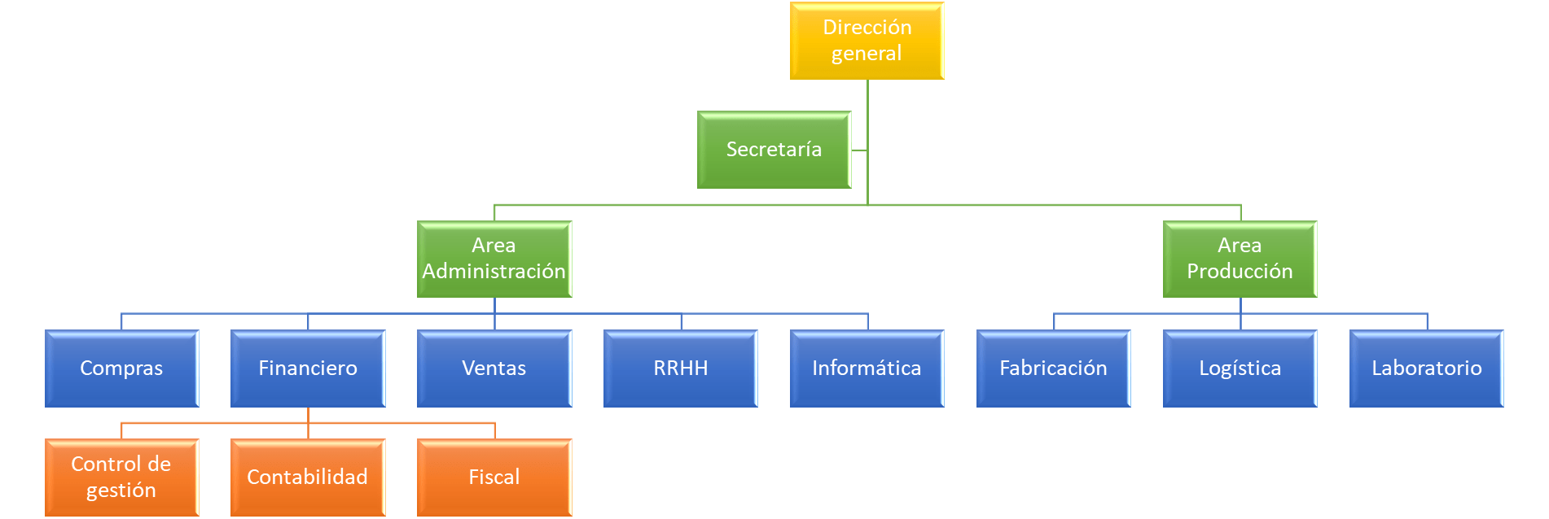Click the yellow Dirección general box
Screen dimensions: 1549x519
(x=867, y=41)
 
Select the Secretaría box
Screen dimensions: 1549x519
(x=774, y=150)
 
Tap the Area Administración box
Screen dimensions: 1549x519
(x=494, y=259)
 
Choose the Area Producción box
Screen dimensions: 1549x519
(x=1240, y=259)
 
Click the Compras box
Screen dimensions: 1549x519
(x=121, y=369)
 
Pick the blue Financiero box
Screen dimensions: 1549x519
(x=308, y=369)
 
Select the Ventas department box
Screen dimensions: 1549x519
(x=494, y=369)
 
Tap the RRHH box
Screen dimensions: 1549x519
(x=681, y=369)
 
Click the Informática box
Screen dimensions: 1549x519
(x=867, y=369)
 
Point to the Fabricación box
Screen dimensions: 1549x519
(x=1053, y=369)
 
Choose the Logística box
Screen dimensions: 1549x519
(x=1240, y=369)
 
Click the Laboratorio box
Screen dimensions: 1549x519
(x=1426, y=369)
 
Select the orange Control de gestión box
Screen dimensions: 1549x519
(x=121, y=478)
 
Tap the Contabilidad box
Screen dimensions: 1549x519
(x=308, y=478)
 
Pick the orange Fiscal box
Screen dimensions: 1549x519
(x=494, y=478)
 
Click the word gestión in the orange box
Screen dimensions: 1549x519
(x=121, y=491)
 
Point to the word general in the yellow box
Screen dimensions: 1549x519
(x=867, y=54)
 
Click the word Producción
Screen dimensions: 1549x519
(x=1240, y=271)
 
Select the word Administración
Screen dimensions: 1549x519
(x=494, y=271)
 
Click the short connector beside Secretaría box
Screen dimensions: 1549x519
(x=859, y=150)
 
